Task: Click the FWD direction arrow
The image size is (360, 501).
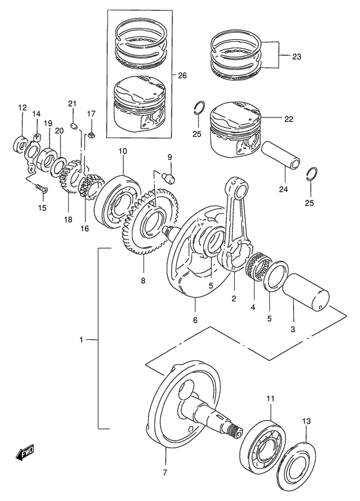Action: [24, 452]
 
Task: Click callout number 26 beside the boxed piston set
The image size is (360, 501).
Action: [182, 76]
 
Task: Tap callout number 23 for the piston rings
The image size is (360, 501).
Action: [296, 57]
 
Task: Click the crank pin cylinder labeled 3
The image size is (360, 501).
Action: [305, 292]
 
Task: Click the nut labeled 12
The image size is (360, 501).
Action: [21, 143]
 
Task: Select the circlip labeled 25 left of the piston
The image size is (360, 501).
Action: [199, 108]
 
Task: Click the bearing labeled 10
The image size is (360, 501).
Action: [116, 201]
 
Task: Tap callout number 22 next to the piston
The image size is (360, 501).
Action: [289, 119]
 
